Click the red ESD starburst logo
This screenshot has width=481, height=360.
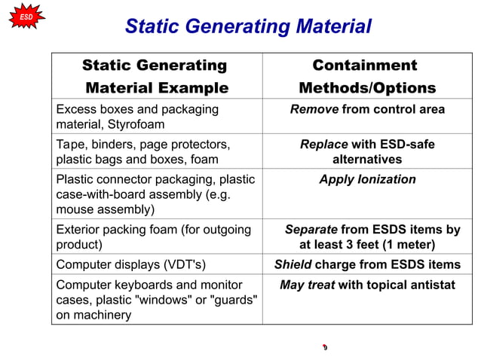click(26, 16)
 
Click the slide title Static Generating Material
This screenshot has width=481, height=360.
click(248, 27)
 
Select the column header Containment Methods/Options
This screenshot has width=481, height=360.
click(367, 76)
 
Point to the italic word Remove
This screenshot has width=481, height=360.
click(314, 110)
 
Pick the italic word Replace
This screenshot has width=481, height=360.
click(324, 145)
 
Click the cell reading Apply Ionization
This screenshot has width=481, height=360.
click(367, 179)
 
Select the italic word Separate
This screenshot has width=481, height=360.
click(311, 230)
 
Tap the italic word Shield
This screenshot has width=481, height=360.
click(293, 264)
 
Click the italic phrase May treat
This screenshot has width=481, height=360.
click(307, 285)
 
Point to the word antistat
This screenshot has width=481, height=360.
click(430, 285)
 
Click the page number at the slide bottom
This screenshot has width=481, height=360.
click(324, 347)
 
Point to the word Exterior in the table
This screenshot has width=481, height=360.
click(79, 230)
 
